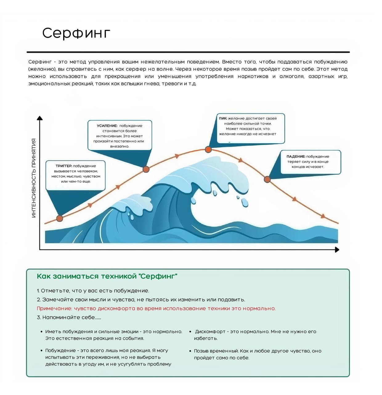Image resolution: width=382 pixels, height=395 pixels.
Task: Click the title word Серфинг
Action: (x=76, y=33)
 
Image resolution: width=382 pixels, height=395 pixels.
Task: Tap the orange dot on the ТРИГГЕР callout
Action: (x=60, y=218)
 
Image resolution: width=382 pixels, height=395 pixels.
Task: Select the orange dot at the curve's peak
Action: (x=208, y=150)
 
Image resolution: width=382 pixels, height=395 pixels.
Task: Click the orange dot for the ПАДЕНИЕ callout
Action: (x=267, y=179)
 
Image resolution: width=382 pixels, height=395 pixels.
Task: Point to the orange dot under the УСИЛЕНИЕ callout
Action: (x=146, y=169)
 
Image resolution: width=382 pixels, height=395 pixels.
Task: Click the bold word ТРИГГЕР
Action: (x=63, y=166)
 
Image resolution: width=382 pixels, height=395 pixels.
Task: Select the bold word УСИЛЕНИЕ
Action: (x=107, y=126)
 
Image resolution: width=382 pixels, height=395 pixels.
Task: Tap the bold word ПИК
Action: (x=223, y=118)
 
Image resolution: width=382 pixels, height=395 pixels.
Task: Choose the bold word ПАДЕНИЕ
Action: (x=295, y=157)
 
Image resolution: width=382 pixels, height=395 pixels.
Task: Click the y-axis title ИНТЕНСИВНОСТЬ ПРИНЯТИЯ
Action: (x=34, y=178)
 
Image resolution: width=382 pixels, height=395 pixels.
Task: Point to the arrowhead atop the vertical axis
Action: (x=40, y=118)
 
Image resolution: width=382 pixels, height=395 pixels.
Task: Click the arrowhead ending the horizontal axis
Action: (x=337, y=250)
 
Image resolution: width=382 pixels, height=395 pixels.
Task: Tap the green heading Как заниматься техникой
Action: (x=107, y=276)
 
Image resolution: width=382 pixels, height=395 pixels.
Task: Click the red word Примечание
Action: (x=54, y=308)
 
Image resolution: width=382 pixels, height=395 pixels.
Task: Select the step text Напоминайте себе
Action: (x=68, y=317)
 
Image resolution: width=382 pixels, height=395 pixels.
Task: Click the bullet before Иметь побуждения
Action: (x=41, y=332)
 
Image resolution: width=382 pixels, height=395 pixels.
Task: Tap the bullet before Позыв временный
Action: (x=190, y=351)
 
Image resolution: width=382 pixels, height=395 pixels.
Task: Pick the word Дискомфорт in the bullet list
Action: (x=210, y=332)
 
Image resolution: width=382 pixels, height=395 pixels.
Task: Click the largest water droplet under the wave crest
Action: (x=245, y=202)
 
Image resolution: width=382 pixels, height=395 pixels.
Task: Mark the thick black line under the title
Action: (x=188, y=52)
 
